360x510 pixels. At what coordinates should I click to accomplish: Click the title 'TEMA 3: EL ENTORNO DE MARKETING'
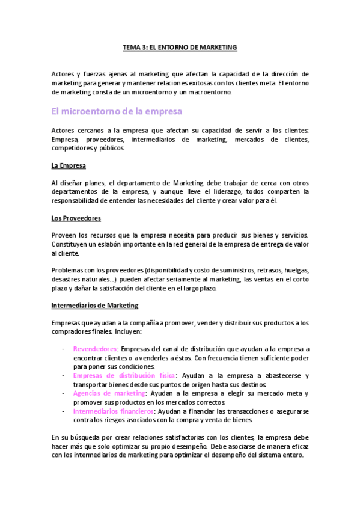[x=180, y=46]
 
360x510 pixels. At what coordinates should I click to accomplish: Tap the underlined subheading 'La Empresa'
[x=69, y=165]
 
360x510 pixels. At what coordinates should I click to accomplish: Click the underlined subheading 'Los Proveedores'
[x=76, y=218]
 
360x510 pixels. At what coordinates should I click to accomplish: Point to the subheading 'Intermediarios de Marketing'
[x=95, y=306]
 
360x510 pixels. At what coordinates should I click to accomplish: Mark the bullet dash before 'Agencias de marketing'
[x=64, y=393]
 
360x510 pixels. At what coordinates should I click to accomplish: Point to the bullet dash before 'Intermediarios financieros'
[x=64, y=411]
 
